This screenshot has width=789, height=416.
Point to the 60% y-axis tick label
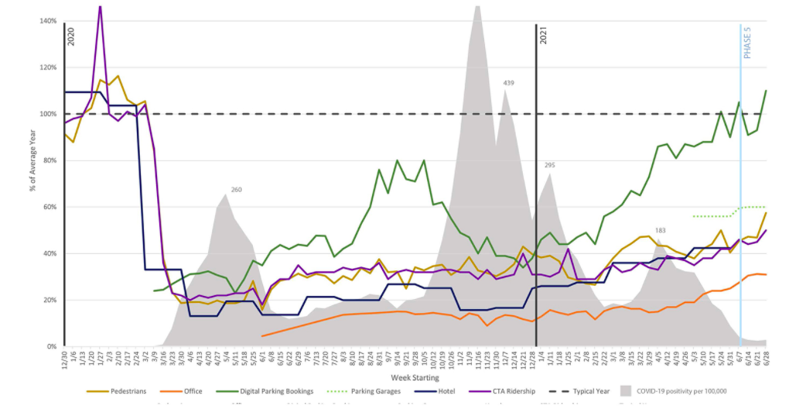[x=49, y=207]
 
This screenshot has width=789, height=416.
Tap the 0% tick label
[x=50, y=346]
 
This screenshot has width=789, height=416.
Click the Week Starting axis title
[x=415, y=378]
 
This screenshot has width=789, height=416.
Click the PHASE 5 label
[x=748, y=43]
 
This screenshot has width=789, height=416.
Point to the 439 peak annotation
[x=509, y=83]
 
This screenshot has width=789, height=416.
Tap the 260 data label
[x=237, y=190]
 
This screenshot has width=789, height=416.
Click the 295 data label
[x=549, y=165]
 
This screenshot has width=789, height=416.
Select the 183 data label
[x=660, y=230]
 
